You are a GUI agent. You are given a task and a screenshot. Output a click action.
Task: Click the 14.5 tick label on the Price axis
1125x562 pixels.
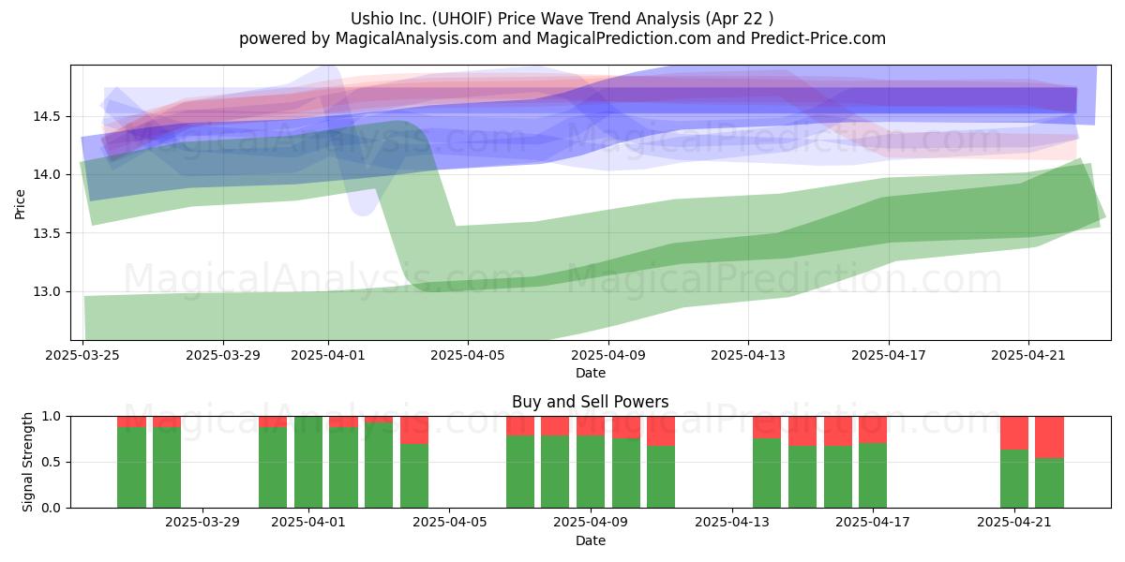[47, 117]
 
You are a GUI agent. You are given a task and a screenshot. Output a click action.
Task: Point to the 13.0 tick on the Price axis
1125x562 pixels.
[47, 291]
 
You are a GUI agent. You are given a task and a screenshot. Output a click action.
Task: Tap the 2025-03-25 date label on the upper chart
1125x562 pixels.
[82, 355]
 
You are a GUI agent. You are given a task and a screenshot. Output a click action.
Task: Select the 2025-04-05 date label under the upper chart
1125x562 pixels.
[468, 355]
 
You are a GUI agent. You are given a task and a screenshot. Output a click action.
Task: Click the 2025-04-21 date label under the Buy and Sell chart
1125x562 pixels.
[1014, 523]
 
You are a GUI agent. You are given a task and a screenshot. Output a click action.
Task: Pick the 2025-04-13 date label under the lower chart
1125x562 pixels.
[732, 523]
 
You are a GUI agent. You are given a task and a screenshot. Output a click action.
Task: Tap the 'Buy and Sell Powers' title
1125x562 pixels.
[590, 402]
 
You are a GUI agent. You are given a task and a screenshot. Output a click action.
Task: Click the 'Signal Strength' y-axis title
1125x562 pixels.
[27, 462]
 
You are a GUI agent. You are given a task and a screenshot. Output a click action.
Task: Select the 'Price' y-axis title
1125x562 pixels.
[20, 204]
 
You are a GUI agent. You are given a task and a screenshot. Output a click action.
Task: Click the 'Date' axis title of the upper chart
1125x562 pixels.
[590, 374]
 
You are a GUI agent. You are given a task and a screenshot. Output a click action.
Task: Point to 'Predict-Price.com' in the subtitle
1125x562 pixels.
[818, 38]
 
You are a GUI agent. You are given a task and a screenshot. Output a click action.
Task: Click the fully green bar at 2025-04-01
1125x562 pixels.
[307, 462]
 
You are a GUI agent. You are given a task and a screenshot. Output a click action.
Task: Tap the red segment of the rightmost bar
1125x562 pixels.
[1049, 437]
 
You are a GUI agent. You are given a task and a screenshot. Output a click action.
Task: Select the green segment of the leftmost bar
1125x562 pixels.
[131, 467]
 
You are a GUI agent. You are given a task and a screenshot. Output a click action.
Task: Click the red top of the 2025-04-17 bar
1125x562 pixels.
[873, 430]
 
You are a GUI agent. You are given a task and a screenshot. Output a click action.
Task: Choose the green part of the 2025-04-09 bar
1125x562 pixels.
[590, 472]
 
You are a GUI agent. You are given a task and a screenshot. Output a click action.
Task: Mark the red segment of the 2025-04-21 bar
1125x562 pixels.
[1014, 433]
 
